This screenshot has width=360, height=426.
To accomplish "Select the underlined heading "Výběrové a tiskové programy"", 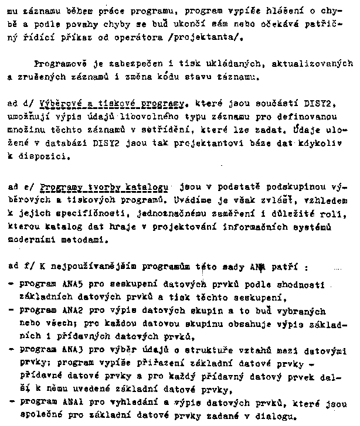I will [112, 103].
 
